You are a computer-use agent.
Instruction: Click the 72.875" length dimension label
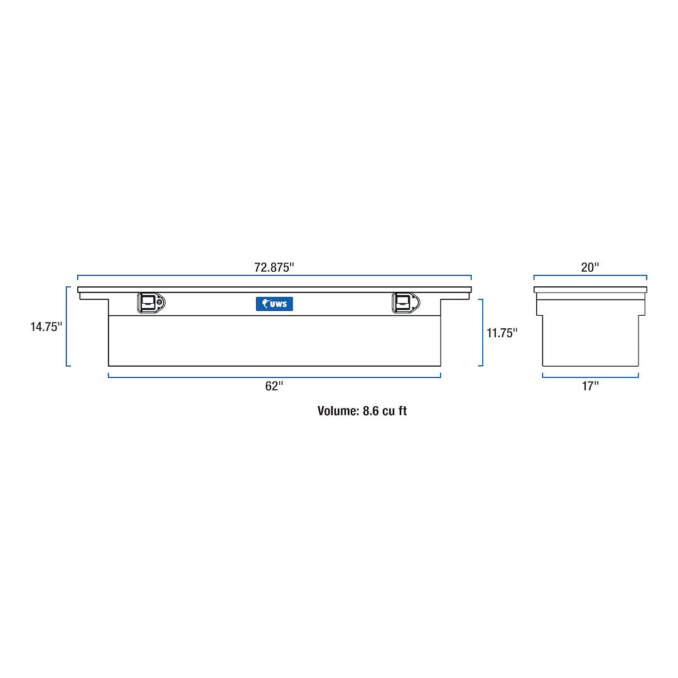point(274,267)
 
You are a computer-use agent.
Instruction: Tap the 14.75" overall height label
point(46,326)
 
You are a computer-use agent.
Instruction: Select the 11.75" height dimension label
point(502,333)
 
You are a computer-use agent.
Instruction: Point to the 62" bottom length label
point(274,387)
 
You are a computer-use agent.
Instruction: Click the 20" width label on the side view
point(589,267)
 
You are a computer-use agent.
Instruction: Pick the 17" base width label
point(589,387)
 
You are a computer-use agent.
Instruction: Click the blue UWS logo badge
point(274,304)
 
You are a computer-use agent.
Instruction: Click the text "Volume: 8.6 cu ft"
point(362,411)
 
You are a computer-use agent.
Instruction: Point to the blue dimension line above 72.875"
point(274,276)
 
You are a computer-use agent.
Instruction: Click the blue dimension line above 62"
point(274,376)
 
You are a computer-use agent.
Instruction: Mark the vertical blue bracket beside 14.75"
point(67,326)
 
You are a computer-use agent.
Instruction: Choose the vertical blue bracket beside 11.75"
point(482,333)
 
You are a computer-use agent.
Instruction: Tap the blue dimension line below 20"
point(589,276)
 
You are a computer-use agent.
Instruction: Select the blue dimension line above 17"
point(589,376)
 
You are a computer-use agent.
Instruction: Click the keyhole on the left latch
point(160,303)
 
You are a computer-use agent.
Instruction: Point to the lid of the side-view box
point(590,289)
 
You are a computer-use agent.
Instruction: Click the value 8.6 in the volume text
point(371,411)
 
